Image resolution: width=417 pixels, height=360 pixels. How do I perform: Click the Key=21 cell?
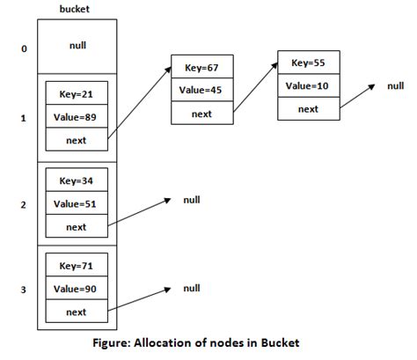[77, 93]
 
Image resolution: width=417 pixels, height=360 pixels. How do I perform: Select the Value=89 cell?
[77, 116]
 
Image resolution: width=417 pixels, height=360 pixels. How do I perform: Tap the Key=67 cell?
[202, 67]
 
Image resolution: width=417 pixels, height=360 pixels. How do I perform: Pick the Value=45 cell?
[202, 90]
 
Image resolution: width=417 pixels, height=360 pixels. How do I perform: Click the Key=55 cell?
[309, 62]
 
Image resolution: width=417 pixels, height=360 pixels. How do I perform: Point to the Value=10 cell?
[309, 85]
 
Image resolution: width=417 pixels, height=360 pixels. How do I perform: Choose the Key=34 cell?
[77, 180]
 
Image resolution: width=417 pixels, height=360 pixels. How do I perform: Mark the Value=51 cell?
[77, 202]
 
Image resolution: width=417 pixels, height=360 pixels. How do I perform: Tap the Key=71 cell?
[77, 265]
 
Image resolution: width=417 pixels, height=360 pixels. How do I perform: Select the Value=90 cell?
[77, 288]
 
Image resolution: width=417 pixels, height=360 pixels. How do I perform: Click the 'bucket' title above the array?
[75, 9]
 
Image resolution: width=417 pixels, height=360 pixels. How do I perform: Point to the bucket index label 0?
[24, 48]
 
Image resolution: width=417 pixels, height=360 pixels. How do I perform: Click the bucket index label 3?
[24, 290]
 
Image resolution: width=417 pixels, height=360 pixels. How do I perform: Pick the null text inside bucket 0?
[77, 45]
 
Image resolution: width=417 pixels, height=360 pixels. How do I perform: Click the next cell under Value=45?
[202, 113]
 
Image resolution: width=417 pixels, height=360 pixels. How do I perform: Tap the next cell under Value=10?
[309, 109]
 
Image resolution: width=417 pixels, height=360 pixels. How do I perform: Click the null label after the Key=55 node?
[396, 85]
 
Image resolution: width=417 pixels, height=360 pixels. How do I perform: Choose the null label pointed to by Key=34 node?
[192, 200]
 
